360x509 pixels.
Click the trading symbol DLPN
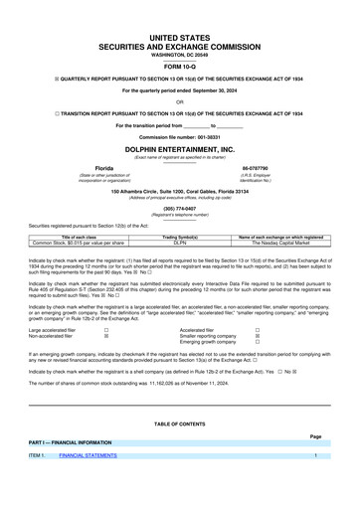[180, 242]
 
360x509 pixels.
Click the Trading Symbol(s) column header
[180, 236]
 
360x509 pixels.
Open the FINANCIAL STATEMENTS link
[88, 483]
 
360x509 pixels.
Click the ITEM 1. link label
[38, 483]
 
